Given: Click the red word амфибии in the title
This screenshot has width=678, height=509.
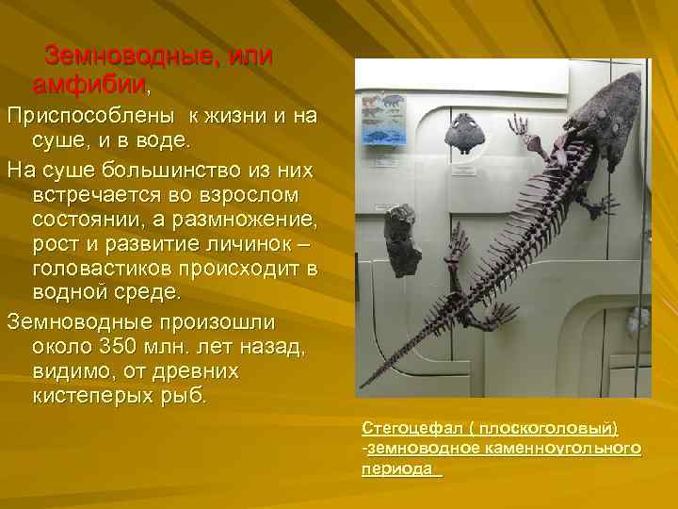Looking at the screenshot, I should [x=90, y=86].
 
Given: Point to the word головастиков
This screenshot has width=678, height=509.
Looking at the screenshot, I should [x=122, y=269].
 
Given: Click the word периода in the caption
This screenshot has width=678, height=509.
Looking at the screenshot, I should [x=396, y=468].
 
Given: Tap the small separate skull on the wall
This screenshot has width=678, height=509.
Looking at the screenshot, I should [x=466, y=133].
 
